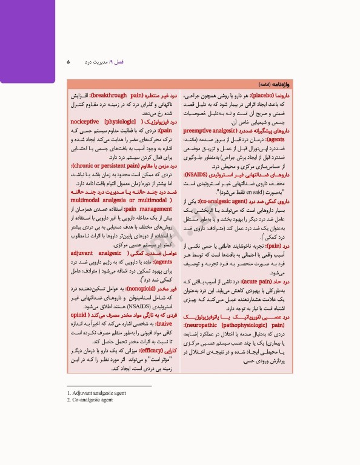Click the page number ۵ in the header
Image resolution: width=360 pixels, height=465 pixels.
click(x=68, y=62)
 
